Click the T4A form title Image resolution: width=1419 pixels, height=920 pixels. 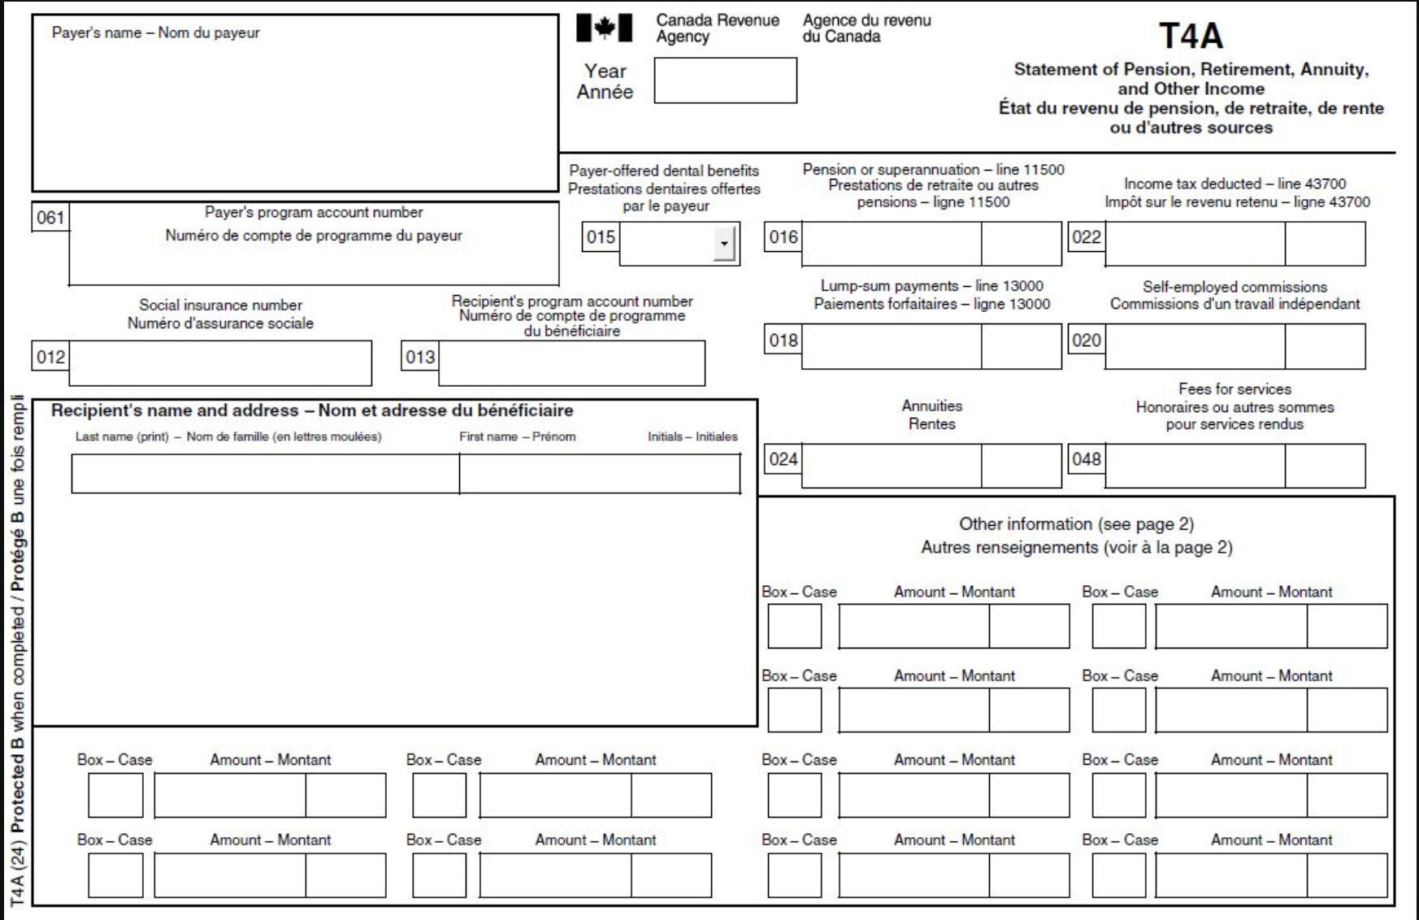point(1191,36)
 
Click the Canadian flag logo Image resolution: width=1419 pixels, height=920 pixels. point(604,28)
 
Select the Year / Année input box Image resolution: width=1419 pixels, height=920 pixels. point(725,80)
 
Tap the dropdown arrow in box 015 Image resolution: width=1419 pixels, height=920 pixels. point(724,244)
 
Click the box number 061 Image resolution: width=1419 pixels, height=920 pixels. point(50,218)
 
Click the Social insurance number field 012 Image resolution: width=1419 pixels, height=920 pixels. point(220,363)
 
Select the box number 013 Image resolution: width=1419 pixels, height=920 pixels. point(420,357)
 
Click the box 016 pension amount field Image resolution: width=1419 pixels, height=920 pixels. point(892,244)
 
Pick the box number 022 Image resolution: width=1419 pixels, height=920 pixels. point(1087,237)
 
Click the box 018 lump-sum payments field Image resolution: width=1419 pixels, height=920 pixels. point(892,347)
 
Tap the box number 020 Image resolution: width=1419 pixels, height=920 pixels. point(1087,340)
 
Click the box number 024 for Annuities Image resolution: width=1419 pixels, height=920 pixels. point(783,459)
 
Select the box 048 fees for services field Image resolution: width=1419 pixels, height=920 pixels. point(1195,466)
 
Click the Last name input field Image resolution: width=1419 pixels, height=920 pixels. point(265,474)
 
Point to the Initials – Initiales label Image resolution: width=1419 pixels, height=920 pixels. point(692,436)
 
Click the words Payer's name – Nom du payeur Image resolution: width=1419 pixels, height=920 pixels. point(155,33)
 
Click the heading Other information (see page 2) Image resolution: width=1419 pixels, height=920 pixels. point(1076,524)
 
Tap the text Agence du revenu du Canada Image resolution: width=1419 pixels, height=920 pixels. point(866,28)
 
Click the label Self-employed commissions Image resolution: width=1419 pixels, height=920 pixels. point(1235,287)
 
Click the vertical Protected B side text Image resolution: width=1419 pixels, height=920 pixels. point(17,650)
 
